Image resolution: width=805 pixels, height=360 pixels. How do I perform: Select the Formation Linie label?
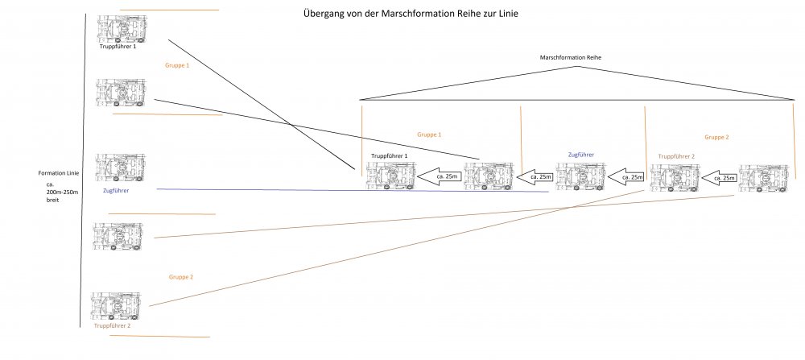[x=60, y=173]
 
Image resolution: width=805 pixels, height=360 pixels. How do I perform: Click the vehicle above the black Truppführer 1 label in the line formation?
[x=122, y=29]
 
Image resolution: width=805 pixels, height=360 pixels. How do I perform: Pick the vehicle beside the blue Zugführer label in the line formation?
[x=120, y=168]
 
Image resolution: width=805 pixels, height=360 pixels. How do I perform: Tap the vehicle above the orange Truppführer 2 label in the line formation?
[x=117, y=306]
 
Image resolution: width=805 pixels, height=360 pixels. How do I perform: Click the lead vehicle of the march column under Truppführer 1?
[x=390, y=176]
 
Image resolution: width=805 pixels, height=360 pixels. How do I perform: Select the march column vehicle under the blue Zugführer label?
[x=580, y=176]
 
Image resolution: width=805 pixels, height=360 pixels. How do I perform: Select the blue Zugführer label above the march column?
[x=581, y=153]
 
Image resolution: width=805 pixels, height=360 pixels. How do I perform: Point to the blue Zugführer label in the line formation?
[x=117, y=191]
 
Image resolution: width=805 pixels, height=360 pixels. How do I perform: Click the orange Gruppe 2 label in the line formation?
[x=181, y=276]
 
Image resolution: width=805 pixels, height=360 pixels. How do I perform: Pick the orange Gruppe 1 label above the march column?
[x=429, y=134]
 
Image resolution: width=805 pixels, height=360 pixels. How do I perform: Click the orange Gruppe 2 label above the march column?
[x=716, y=137]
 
